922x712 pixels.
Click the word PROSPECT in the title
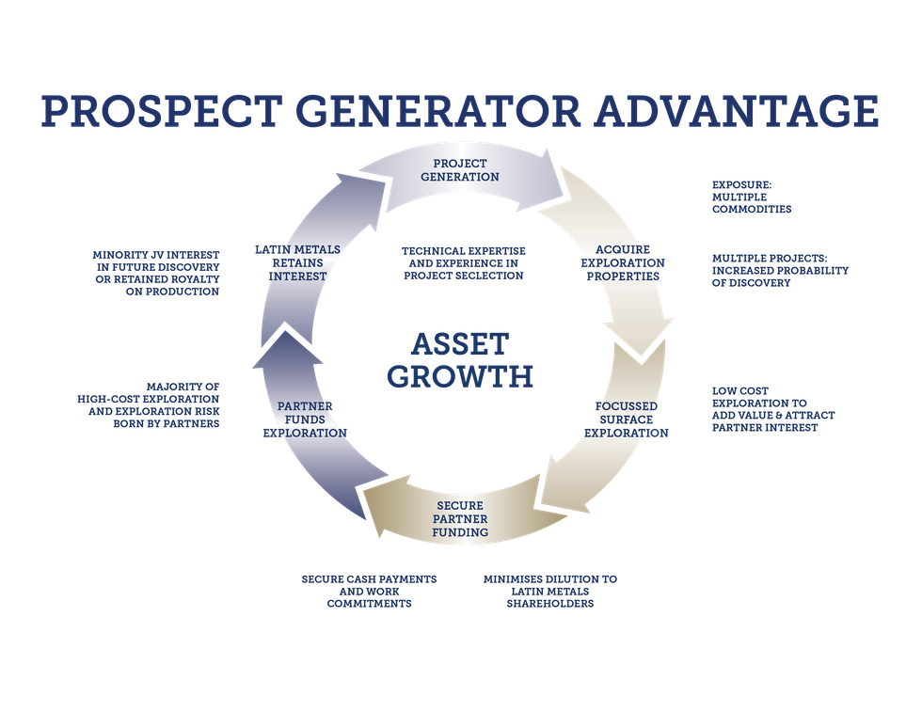pos(160,112)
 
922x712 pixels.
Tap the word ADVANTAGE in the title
pos(736,112)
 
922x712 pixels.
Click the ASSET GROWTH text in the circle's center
pos(461,359)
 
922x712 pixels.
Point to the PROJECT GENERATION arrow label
pos(460,169)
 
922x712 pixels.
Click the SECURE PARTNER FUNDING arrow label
pos(461,519)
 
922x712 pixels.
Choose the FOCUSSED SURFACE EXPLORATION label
pos(627,419)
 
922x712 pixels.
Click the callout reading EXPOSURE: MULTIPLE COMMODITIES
pos(779,197)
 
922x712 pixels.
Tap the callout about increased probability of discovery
pos(779,271)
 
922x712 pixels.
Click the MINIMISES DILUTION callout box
pos(551,592)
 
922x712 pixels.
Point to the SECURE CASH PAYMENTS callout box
pos(370,592)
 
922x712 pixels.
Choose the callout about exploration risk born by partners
pos(151,405)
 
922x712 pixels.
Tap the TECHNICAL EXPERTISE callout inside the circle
pos(463,263)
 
